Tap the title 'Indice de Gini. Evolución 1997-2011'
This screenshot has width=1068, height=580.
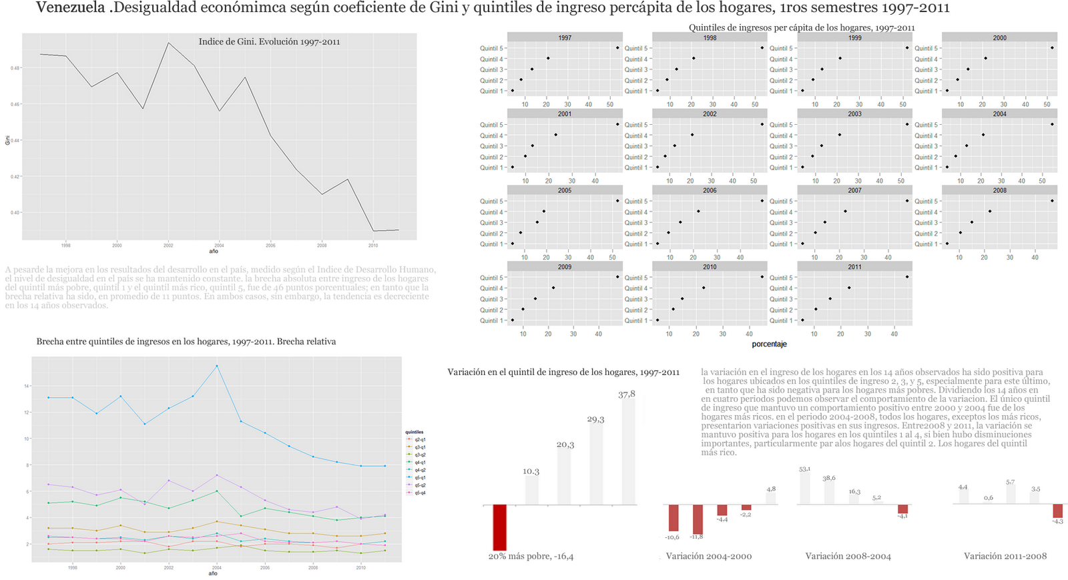[x=269, y=42]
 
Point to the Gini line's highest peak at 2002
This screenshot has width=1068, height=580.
[x=168, y=43]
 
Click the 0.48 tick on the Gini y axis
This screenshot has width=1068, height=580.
[x=15, y=68]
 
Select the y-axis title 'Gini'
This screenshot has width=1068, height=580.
[x=7, y=140]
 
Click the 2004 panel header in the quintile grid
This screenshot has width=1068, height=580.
[x=999, y=114]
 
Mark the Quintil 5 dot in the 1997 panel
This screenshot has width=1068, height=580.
[x=617, y=48]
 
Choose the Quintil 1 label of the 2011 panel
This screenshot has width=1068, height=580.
[x=781, y=321]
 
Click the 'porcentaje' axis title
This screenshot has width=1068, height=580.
[x=769, y=344]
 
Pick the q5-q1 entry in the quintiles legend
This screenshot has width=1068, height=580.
[x=420, y=478]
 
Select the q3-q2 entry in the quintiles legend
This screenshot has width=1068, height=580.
[x=420, y=455]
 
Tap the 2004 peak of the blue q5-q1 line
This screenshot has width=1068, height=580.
[x=217, y=366]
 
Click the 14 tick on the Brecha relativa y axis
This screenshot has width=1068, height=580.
[x=26, y=386]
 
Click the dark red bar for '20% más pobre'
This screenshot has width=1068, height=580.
[x=499, y=527]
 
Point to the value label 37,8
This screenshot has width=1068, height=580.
[x=627, y=394]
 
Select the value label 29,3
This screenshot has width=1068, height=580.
[x=595, y=420]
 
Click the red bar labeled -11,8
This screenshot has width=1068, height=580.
[x=698, y=520]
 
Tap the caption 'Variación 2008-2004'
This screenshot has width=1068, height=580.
[x=848, y=556]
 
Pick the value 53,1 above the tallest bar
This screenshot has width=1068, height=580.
[x=805, y=469]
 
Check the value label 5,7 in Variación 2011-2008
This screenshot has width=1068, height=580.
[x=1010, y=483]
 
